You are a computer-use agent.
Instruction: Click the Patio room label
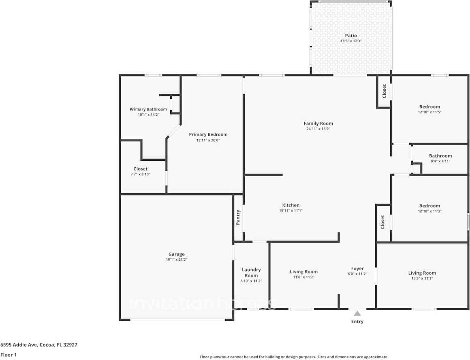[x=351, y=36]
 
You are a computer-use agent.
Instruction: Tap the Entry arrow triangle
[x=357, y=313]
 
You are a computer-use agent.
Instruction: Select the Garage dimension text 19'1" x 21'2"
[x=177, y=260]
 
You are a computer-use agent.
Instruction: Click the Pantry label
[x=238, y=217]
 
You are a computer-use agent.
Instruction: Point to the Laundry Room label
[x=251, y=273]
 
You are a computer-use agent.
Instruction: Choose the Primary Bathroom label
[x=148, y=109]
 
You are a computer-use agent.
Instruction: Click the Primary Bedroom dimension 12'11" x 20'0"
[x=208, y=140]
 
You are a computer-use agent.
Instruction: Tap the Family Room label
[x=318, y=124]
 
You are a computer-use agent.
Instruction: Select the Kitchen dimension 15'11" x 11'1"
[x=291, y=211]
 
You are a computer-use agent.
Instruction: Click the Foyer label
[x=357, y=268]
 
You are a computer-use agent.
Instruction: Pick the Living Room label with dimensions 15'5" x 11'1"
[x=422, y=273]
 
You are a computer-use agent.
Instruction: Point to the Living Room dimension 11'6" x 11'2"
[x=303, y=277]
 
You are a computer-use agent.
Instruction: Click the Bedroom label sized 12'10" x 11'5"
[x=429, y=107]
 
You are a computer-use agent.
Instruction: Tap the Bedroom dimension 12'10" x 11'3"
[x=430, y=211]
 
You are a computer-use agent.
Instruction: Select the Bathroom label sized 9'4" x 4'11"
[x=440, y=156]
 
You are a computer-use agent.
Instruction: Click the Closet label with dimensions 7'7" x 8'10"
[x=140, y=169]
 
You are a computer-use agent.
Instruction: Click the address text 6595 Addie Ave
[x=19, y=345]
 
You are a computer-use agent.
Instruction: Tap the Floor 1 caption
[x=9, y=355]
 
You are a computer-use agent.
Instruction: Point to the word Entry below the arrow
[x=357, y=322]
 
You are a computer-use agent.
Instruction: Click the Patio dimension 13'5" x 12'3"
[x=351, y=41]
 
